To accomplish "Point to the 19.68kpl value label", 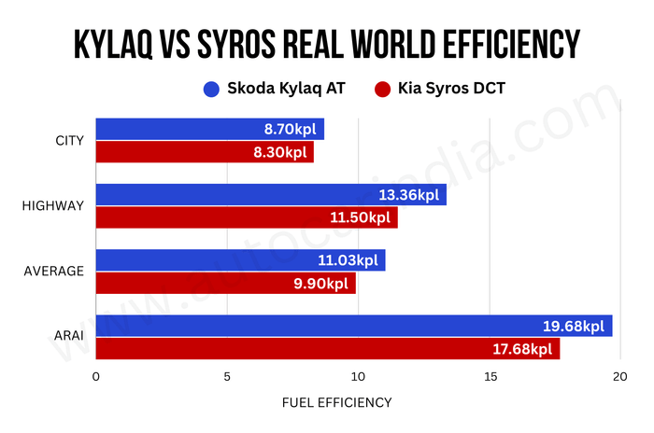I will click(574, 327).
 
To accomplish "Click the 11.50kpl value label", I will click(360, 217).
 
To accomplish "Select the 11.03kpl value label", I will click(348, 260).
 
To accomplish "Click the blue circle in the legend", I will click(211, 90).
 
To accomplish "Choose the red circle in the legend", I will click(380, 90).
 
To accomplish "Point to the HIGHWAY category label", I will click(52, 206).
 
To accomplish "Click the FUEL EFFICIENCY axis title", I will click(336, 403).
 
